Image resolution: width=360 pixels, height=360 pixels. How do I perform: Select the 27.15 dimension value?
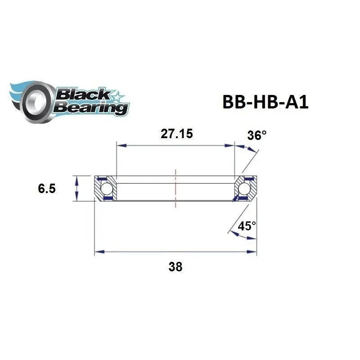(175, 135)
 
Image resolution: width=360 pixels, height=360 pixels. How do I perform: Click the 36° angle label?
(257, 135)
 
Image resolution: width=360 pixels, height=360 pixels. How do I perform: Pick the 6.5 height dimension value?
(47, 189)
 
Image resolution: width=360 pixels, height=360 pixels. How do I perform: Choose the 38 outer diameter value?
(175, 266)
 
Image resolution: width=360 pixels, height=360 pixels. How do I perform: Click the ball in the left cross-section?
(107, 188)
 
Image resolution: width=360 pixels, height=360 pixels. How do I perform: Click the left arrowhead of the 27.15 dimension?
(120, 145)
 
